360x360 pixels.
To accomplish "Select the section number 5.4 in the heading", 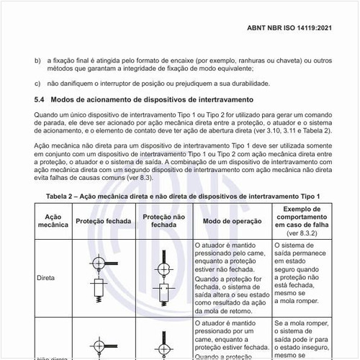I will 40,99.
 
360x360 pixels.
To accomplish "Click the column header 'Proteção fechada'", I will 102,220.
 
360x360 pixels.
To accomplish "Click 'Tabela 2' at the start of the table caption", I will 63,197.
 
